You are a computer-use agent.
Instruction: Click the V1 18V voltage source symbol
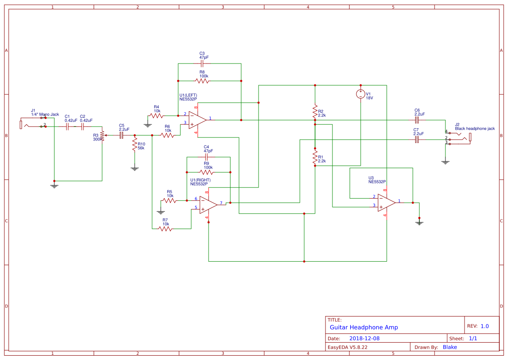tap(360, 94)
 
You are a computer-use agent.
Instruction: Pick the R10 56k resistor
tap(135, 147)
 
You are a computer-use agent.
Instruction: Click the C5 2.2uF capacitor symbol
tap(122, 135)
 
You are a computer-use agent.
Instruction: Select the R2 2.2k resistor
tap(315, 112)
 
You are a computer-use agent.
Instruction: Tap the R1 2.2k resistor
tap(315, 158)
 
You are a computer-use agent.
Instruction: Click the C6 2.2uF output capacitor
tap(417, 120)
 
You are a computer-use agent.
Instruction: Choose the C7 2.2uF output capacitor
tap(417, 140)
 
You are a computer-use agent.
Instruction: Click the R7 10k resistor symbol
tap(166, 228)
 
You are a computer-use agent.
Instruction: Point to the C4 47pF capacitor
tap(206, 157)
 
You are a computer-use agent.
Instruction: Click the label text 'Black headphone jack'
tap(475, 129)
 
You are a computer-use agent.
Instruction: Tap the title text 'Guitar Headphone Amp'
tap(363, 327)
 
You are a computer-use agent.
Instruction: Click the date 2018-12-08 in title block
tap(364, 338)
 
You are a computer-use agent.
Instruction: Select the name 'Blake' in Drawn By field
tap(450, 347)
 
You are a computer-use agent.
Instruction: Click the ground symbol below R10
tap(135, 168)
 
